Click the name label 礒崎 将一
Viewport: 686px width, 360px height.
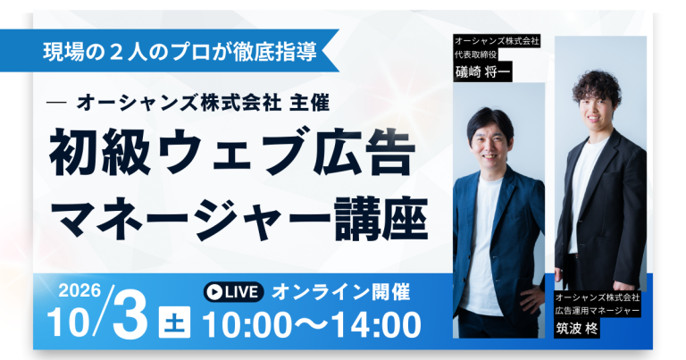click(x=483, y=74)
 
